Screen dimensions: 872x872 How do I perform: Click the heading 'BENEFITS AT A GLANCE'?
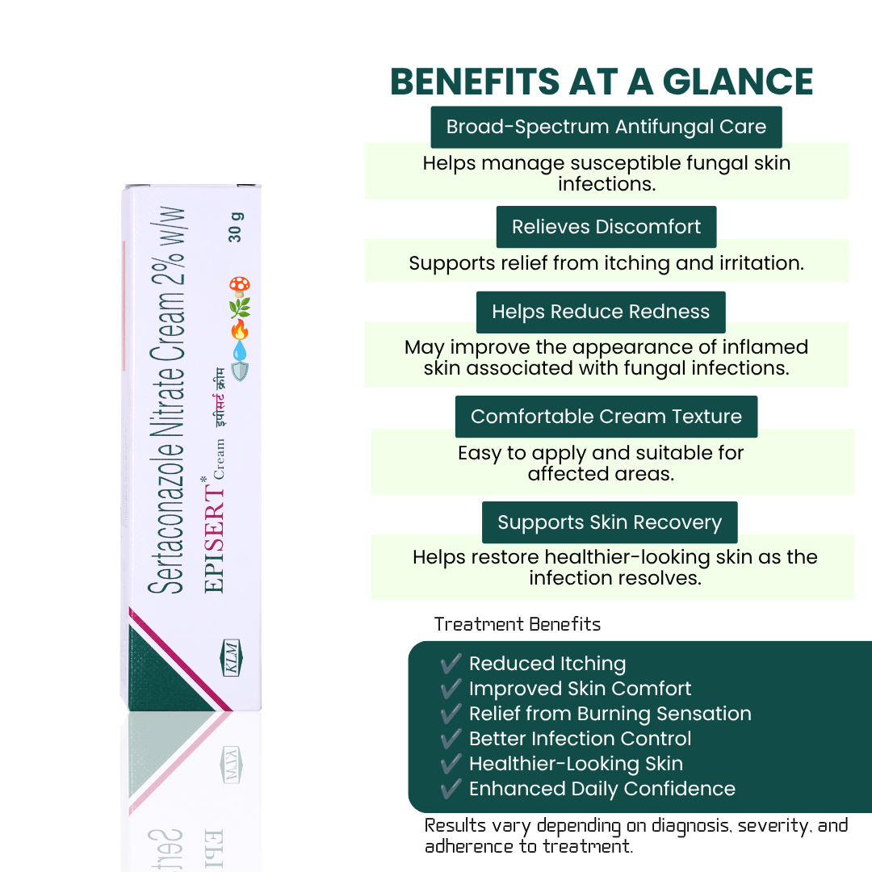pyautogui.click(x=602, y=82)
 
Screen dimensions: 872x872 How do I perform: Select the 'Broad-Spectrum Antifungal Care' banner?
pyautogui.click(x=606, y=127)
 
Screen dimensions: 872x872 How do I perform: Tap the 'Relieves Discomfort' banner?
pyautogui.click(x=606, y=227)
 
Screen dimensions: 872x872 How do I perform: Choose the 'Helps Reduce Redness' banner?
pyautogui.click(x=601, y=312)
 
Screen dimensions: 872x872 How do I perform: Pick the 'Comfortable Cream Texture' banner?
pyautogui.click(x=606, y=417)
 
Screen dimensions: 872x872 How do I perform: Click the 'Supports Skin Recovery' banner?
pyautogui.click(x=610, y=522)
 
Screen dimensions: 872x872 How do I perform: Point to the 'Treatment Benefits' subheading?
pyautogui.click(x=518, y=624)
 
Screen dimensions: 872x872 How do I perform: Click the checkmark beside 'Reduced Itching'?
pyautogui.click(x=451, y=663)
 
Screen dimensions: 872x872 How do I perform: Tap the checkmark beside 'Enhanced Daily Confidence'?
pyautogui.click(x=451, y=788)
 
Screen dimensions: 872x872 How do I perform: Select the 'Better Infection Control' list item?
pyautogui.click(x=580, y=739)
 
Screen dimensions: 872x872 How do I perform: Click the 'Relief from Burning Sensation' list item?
pyautogui.click(x=610, y=714)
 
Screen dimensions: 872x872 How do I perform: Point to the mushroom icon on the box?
pyautogui.click(x=240, y=287)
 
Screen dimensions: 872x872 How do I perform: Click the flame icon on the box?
pyautogui.click(x=240, y=329)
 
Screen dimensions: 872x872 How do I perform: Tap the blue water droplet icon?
pyautogui.click(x=240, y=351)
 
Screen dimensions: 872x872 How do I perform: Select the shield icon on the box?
pyautogui.click(x=240, y=371)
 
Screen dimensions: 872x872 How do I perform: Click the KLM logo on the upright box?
pyautogui.click(x=232, y=658)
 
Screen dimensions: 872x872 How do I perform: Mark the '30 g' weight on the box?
pyautogui.click(x=235, y=227)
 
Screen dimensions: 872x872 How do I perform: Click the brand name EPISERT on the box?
pyautogui.click(x=214, y=538)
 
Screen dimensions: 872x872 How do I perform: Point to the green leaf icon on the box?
pyautogui.click(x=240, y=308)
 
